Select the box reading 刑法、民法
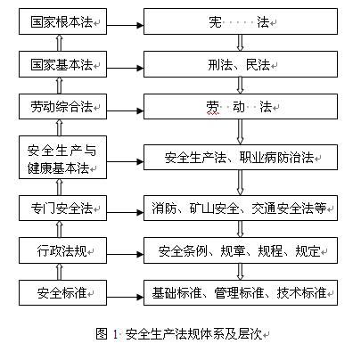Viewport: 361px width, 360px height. click(237, 64)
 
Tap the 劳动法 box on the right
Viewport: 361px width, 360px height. click(237, 107)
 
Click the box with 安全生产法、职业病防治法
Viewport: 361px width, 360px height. click(237, 158)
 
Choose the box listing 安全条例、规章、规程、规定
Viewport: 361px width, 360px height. click(237, 250)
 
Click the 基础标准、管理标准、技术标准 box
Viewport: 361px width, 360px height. click(237, 291)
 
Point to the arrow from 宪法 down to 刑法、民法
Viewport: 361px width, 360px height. click(238, 44)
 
